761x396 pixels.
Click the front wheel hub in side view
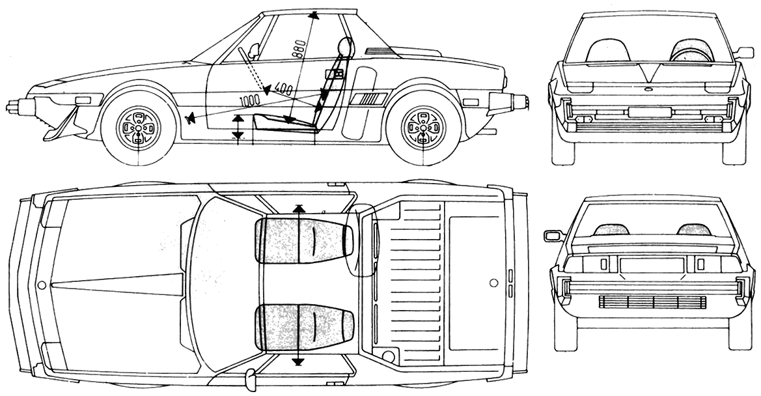(x=139, y=128)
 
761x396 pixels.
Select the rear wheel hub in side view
(x=423, y=128)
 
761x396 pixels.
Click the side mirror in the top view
(x=249, y=375)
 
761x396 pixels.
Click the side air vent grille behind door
(x=369, y=98)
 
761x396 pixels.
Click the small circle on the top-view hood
(x=42, y=285)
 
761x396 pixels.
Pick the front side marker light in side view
(x=84, y=100)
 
